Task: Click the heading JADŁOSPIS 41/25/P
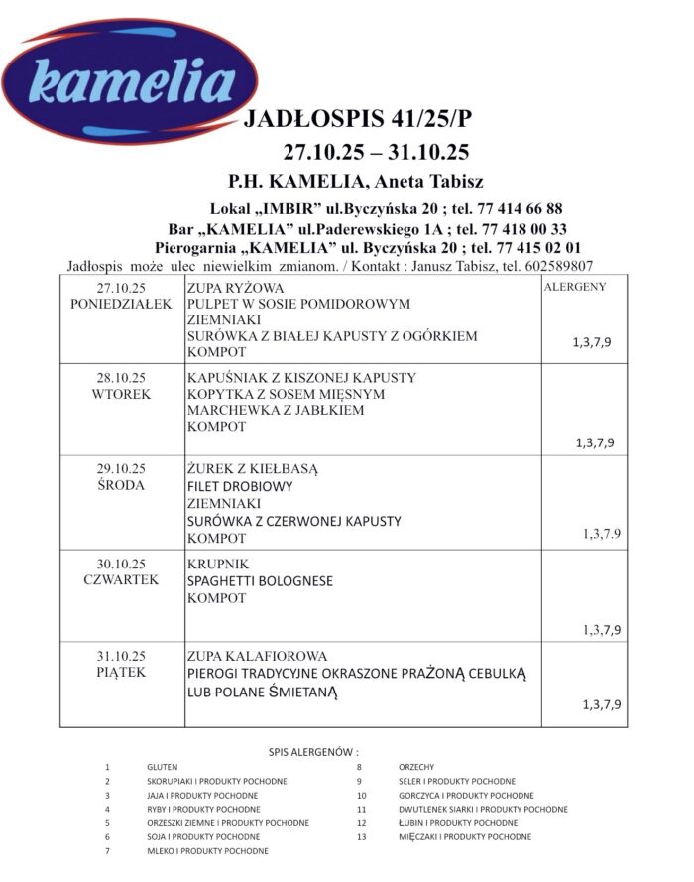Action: pos(358,121)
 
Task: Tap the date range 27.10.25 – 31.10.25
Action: pos(376,153)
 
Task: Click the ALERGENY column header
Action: pos(575,287)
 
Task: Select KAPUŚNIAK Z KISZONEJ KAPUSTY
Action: pos(301,378)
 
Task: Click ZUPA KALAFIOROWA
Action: pos(256,656)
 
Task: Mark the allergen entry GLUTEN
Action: pos(163,767)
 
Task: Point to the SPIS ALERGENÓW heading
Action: pos(313,751)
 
